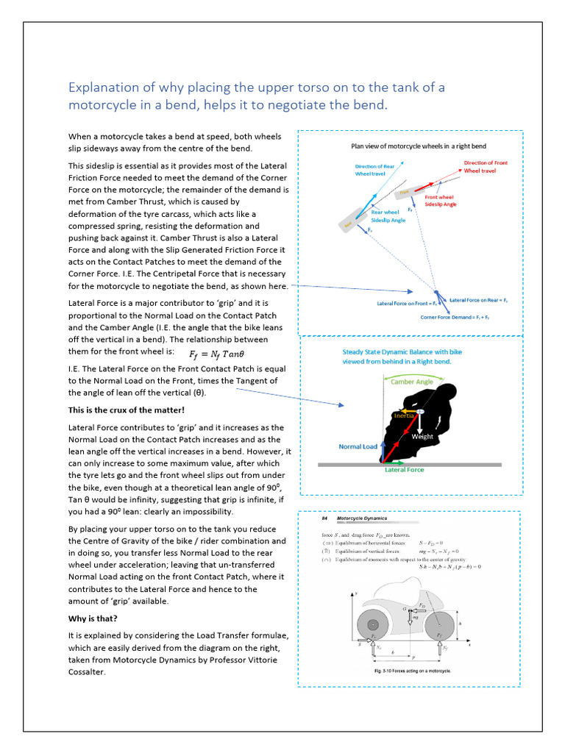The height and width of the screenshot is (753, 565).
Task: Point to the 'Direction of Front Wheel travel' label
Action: (x=485, y=167)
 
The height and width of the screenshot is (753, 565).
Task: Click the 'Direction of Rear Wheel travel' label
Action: (x=374, y=171)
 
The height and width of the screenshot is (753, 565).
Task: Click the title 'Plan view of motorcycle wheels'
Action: (x=418, y=146)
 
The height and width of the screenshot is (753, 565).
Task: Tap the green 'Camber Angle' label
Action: (x=412, y=382)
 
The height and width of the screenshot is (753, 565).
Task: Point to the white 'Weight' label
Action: (x=422, y=436)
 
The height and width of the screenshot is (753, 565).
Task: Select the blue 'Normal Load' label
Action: (x=358, y=446)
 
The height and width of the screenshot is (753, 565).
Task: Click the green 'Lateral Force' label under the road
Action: (x=405, y=470)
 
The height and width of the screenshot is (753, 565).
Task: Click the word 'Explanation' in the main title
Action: (x=102, y=88)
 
